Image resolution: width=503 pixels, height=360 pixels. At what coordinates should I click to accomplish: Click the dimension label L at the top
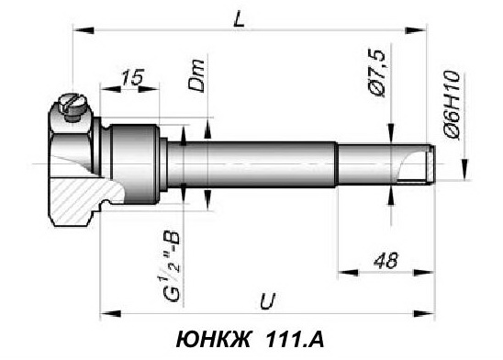(x=239, y=20)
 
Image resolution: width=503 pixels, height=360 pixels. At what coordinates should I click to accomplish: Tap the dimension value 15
(x=132, y=77)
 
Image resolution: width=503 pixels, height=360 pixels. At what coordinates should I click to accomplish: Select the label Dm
(x=196, y=75)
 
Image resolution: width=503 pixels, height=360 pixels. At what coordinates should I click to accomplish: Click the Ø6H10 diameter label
(x=452, y=105)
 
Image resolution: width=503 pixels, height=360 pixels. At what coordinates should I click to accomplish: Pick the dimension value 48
(x=386, y=260)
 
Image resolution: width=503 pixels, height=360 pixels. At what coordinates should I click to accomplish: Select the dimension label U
(x=267, y=300)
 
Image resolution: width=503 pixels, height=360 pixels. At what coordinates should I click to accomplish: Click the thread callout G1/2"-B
(x=172, y=266)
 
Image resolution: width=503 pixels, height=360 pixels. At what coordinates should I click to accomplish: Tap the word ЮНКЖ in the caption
(x=213, y=340)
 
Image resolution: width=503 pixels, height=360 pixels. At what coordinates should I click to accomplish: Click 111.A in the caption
(x=295, y=340)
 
